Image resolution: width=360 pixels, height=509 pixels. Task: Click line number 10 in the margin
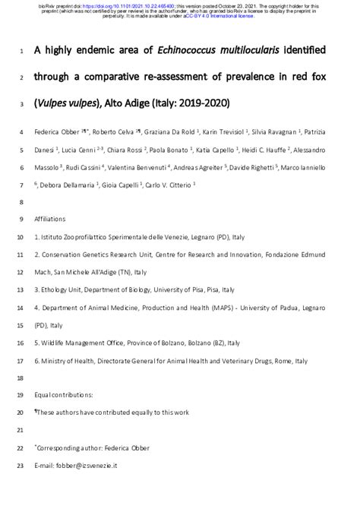[20, 236]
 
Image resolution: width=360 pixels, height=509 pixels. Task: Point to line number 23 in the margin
[20, 464]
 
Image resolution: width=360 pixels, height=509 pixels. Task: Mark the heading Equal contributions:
[64, 395]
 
